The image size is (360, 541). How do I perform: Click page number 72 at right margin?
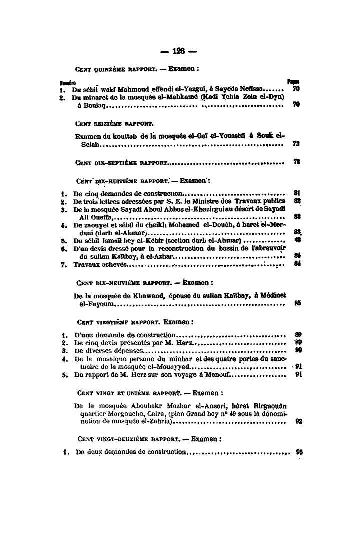click(296, 145)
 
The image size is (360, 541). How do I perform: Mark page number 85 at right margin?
click(297, 303)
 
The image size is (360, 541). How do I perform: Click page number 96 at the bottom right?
click(299, 451)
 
